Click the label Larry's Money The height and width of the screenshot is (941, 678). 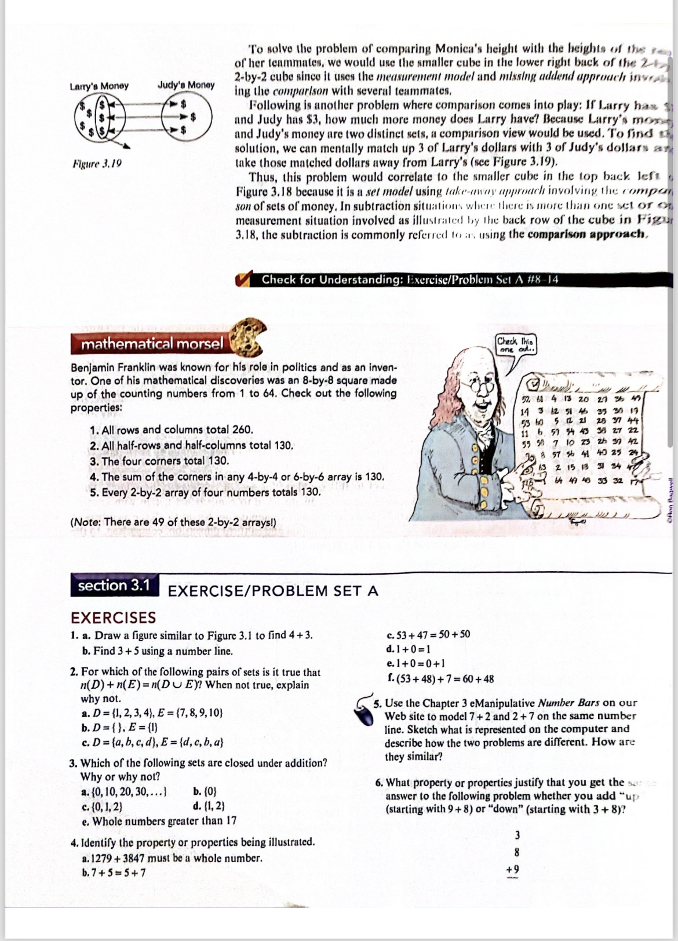99,86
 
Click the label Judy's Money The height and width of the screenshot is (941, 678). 185,85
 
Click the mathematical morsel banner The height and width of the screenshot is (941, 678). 152,344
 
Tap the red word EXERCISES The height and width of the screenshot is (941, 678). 113,617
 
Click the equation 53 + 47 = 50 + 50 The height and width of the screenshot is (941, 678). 428,634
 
